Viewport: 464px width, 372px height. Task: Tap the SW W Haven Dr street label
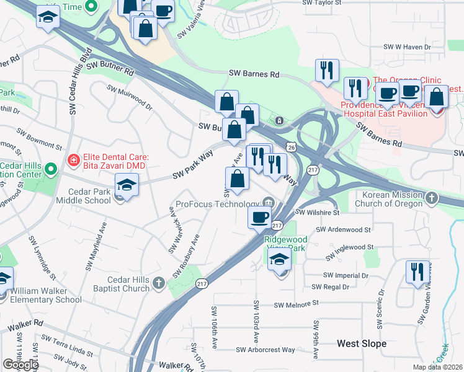coord(407,46)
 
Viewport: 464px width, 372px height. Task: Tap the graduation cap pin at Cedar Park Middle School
coord(127,185)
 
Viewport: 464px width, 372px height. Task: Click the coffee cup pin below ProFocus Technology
coord(259,217)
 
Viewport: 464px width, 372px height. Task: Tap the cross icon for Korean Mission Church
coord(432,199)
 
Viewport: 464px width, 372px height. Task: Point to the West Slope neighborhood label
coord(362,343)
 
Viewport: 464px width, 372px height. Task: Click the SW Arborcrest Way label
coord(265,350)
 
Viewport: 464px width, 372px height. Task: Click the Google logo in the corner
coord(21,365)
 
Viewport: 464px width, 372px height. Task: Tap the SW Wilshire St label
coord(318,212)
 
